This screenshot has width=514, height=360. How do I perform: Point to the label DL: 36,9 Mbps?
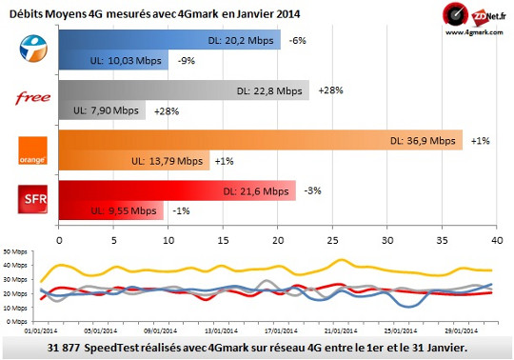click(x=423, y=141)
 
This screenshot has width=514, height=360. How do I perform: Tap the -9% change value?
click(x=187, y=61)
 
